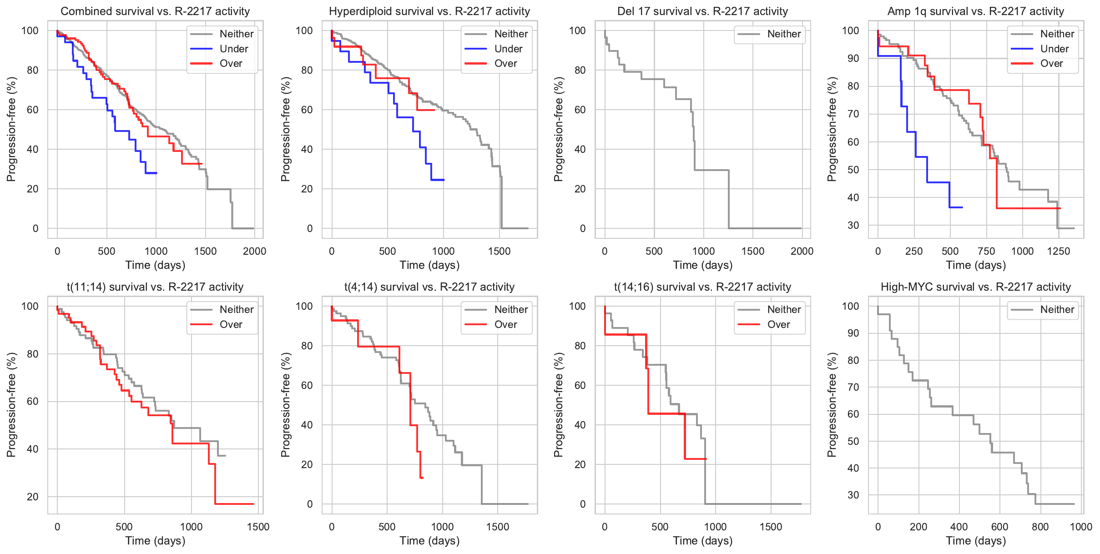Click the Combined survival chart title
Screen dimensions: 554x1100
point(155,11)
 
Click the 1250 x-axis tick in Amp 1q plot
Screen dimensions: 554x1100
point(1059,251)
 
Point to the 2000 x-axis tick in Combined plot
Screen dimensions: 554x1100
point(254,251)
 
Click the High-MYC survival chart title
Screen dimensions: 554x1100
point(976,287)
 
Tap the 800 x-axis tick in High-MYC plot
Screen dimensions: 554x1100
point(1040,527)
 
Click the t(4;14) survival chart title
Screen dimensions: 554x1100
point(429,287)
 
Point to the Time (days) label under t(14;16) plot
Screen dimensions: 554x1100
point(703,540)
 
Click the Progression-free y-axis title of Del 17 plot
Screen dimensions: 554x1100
point(559,129)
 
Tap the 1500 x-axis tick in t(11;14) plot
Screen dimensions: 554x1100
point(258,527)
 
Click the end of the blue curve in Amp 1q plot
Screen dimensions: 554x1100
point(962,207)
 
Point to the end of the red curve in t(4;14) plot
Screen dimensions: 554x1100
point(423,478)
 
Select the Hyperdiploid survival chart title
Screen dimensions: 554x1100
point(429,11)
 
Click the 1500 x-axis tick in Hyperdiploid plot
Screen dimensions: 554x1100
point(499,251)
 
